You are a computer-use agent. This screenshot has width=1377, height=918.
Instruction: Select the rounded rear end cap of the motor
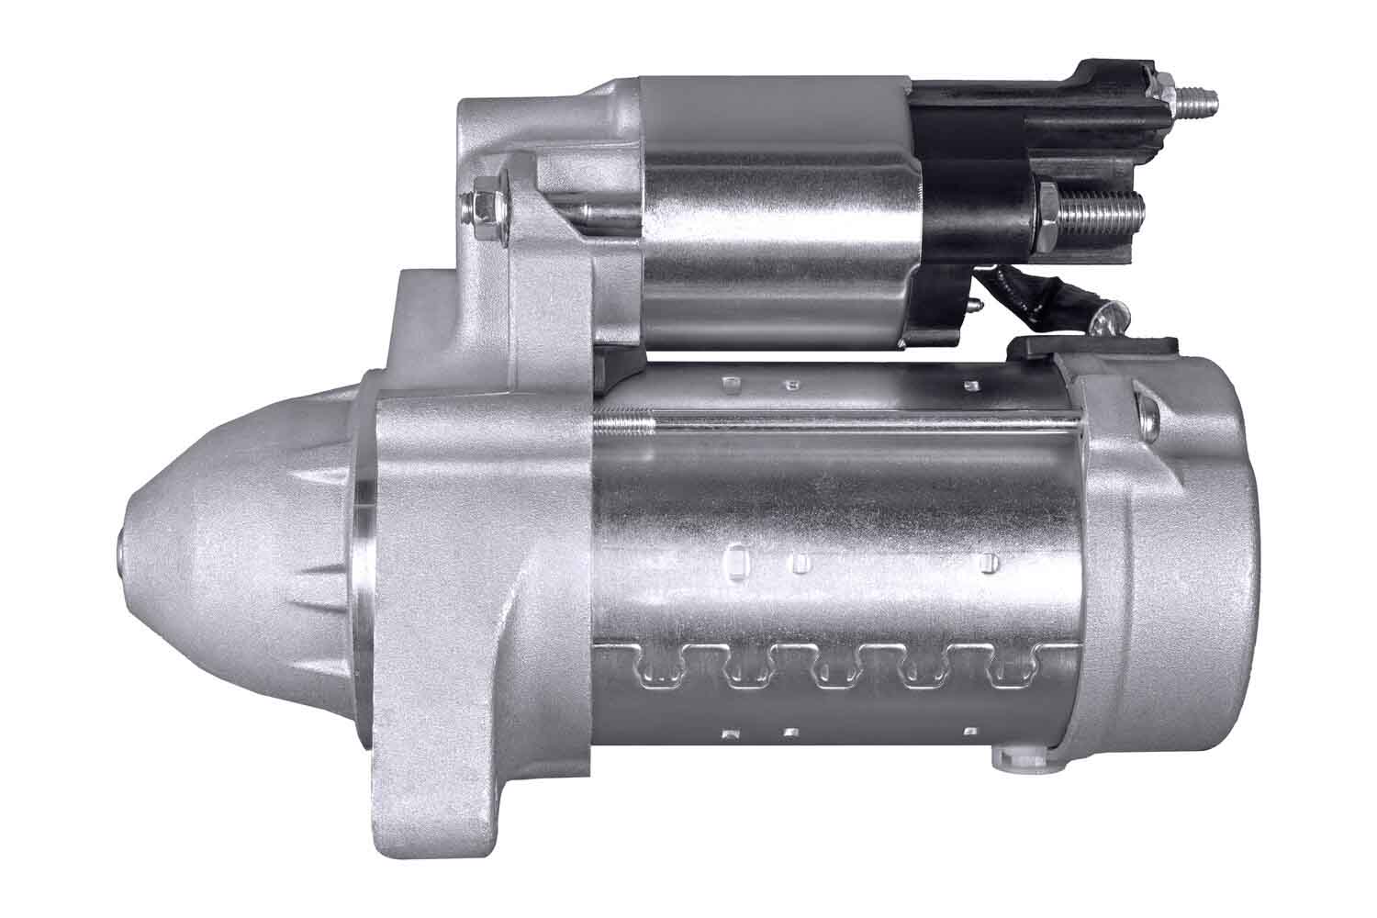pyautogui.click(x=1184, y=569)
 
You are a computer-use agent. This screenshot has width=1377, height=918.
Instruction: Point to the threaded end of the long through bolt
pyautogui.click(x=624, y=423)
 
